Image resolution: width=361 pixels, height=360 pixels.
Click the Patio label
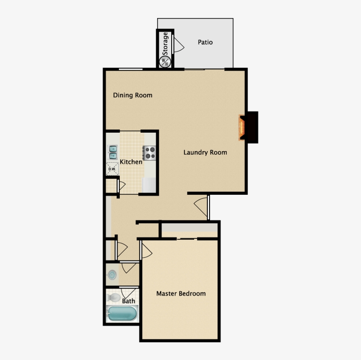[x=205, y=42]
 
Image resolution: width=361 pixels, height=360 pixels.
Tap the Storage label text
[x=166, y=44]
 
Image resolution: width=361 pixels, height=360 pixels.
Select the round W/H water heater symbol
[x=165, y=62]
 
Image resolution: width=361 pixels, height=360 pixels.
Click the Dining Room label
[x=133, y=95]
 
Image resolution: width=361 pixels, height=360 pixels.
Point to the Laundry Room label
[x=205, y=152]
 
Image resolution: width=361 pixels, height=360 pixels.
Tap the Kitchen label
[x=131, y=162]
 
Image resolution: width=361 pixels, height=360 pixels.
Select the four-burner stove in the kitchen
[x=150, y=152]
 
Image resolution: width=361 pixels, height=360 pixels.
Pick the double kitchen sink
[x=112, y=152]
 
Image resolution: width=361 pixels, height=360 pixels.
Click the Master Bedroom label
[x=181, y=293]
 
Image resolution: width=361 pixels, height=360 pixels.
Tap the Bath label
[x=129, y=301]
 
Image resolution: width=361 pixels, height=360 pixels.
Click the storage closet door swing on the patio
[x=179, y=45]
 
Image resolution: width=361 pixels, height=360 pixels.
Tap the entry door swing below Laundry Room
[x=202, y=206]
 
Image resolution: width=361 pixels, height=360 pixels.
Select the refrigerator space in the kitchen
[x=150, y=185]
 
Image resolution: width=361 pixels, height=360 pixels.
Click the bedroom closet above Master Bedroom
[x=190, y=229]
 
